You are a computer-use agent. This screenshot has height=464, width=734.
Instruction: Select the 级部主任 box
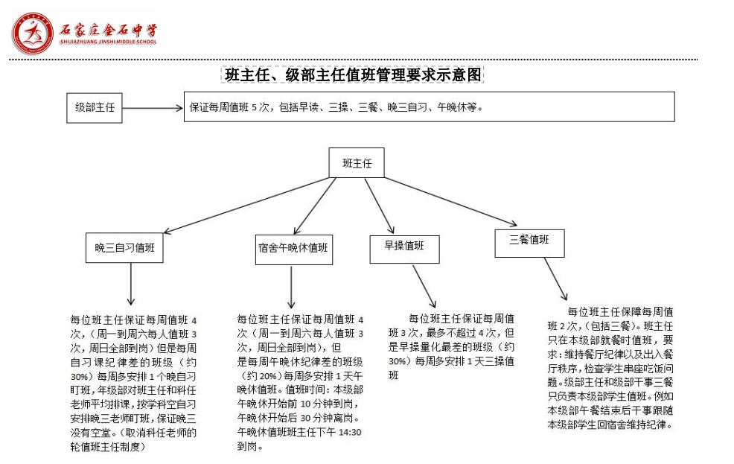(x=95, y=107)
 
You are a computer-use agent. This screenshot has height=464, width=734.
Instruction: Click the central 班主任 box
(x=357, y=162)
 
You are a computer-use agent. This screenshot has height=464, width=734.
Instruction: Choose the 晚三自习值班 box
(x=124, y=247)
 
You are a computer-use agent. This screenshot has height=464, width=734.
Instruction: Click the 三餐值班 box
(x=529, y=241)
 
